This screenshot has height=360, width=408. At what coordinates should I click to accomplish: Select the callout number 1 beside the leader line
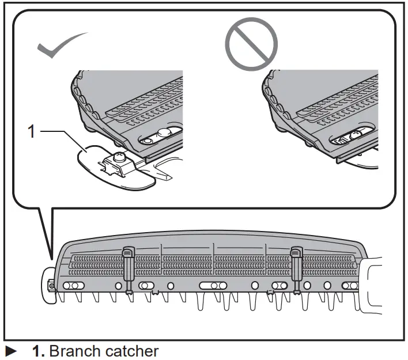[32, 132]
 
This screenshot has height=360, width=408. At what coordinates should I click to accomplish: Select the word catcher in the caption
[135, 351]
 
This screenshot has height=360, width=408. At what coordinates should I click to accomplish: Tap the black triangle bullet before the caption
[11, 351]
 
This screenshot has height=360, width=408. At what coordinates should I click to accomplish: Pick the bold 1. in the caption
[39, 351]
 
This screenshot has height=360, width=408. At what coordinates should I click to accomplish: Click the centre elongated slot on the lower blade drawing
[213, 286]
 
